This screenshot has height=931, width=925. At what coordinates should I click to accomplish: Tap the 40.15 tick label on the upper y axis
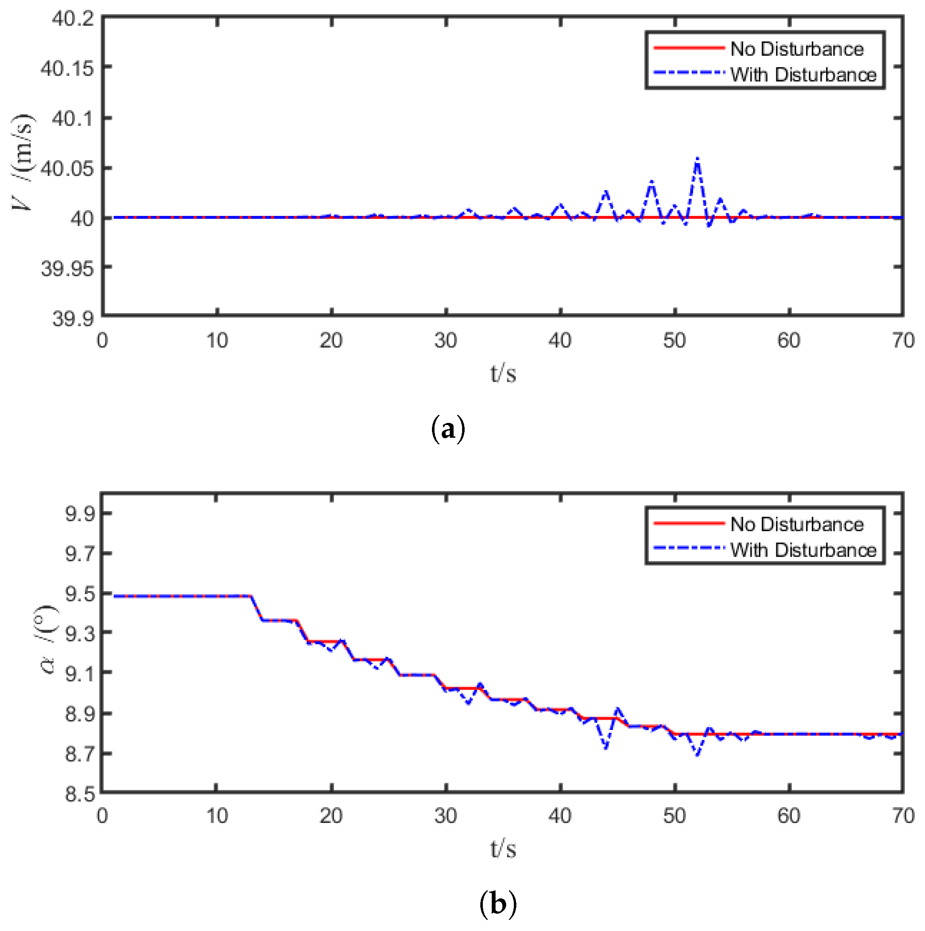pyautogui.click(x=67, y=68)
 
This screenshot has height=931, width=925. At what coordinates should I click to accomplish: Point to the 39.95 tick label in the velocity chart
pyautogui.click(x=67, y=268)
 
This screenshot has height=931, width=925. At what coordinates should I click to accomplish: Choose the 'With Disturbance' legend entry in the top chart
pyautogui.click(x=803, y=75)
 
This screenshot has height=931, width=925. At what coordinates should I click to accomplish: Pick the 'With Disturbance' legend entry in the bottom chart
pyautogui.click(x=803, y=550)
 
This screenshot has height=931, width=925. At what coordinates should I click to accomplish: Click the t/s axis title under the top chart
pyautogui.click(x=503, y=373)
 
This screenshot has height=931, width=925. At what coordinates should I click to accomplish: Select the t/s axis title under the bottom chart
pyautogui.click(x=503, y=849)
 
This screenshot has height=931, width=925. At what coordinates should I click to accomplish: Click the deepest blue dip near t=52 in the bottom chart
pyautogui.click(x=697, y=755)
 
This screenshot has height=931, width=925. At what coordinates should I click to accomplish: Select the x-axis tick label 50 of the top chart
pyautogui.click(x=674, y=341)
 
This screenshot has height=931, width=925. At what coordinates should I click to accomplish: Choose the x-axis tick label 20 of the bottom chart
pyautogui.click(x=331, y=816)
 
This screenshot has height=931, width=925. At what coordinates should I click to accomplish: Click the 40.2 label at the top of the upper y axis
pyautogui.click(x=73, y=19)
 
